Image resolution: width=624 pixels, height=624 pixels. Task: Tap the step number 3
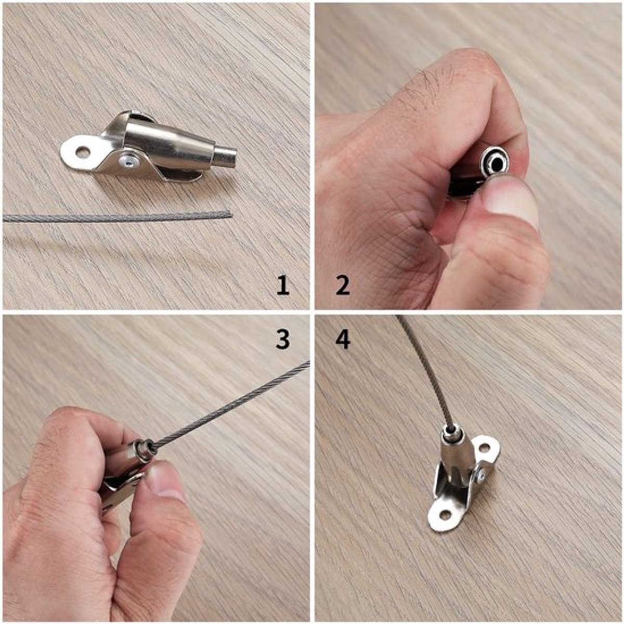tap(282, 339)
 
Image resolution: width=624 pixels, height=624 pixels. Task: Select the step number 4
tap(343, 339)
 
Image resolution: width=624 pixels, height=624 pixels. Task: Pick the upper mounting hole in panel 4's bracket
tap(484, 448)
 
